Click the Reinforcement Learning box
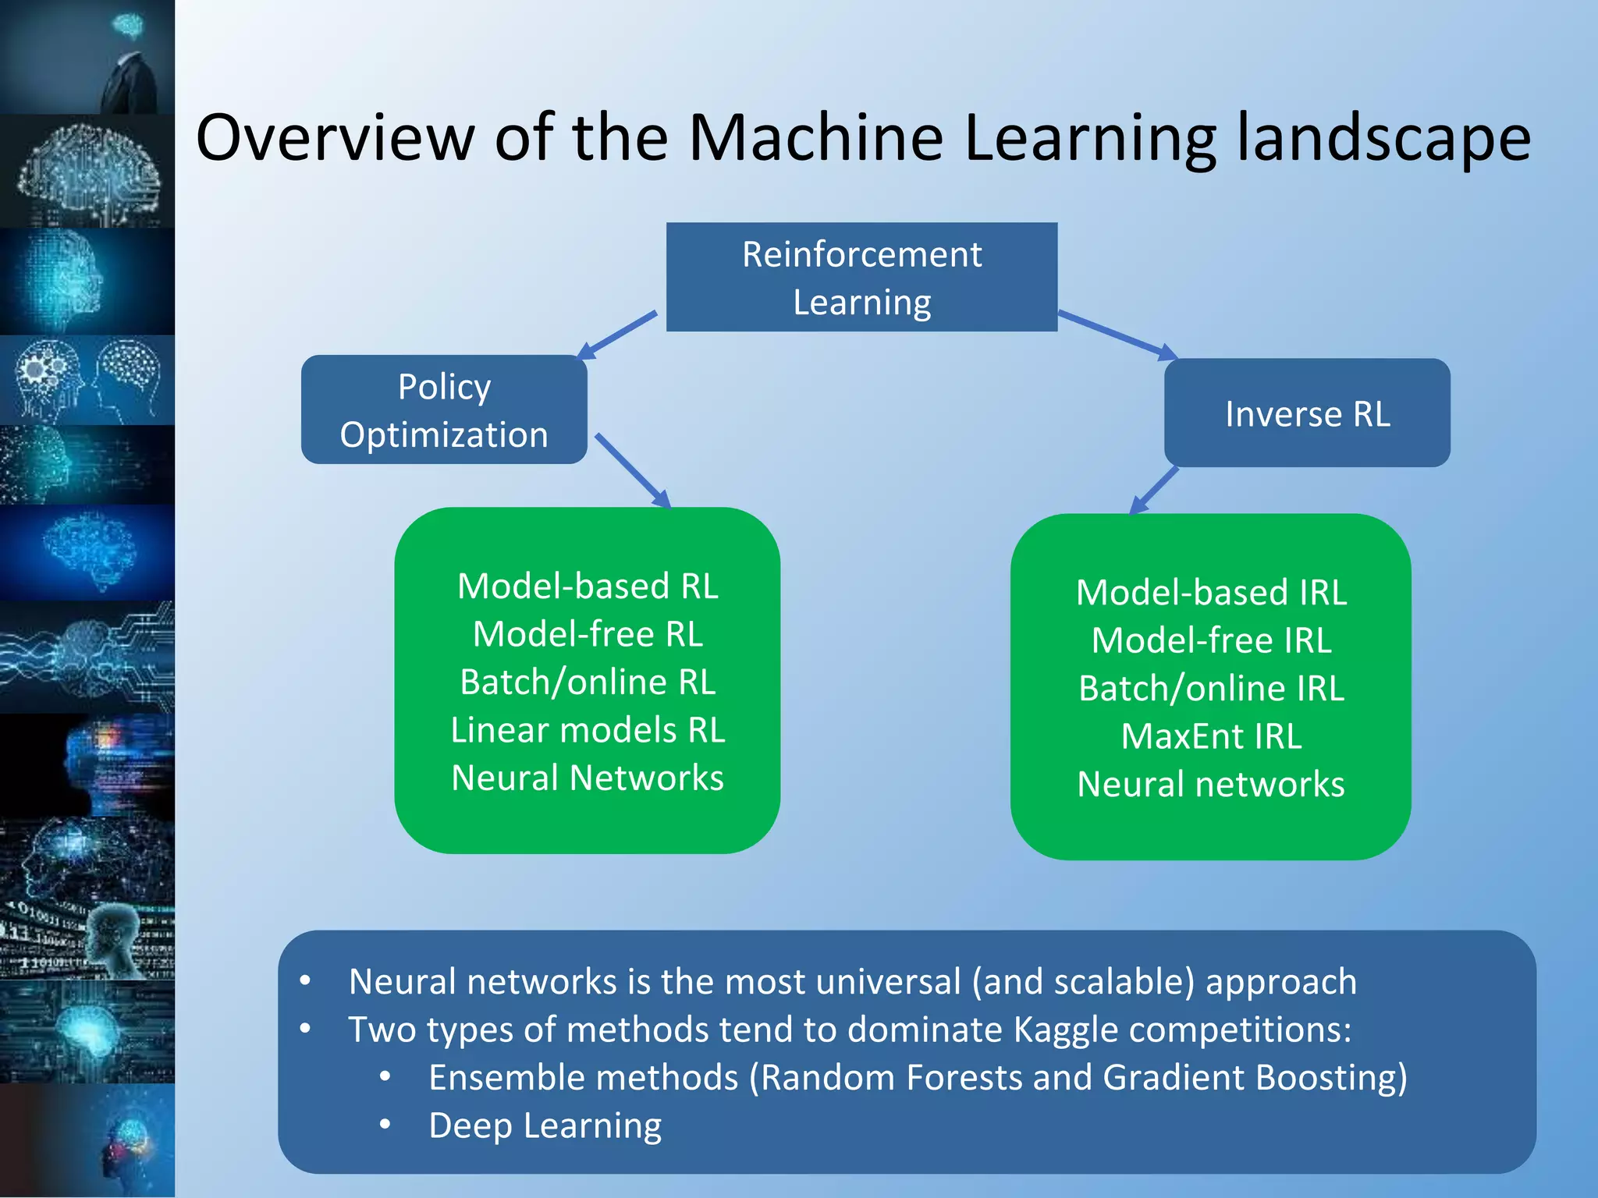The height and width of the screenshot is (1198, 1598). (x=861, y=278)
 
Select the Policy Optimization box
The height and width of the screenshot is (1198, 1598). (x=444, y=410)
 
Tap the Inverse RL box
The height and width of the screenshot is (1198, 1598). (x=1307, y=413)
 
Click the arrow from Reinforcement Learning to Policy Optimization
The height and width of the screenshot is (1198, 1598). (x=619, y=335)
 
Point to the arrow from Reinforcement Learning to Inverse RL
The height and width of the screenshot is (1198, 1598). (x=1117, y=335)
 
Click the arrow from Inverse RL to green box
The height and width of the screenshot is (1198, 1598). (x=1154, y=491)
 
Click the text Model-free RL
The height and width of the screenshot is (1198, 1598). (x=588, y=634)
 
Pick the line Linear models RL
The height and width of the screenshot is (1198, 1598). (x=588, y=730)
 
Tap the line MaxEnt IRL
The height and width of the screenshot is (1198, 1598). (x=1211, y=736)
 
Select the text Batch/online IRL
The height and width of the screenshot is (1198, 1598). (x=1211, y=689)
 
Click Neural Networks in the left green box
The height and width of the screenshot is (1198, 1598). (x=588, y=778)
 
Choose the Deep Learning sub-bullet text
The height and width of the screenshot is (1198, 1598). (x=545, y=1125)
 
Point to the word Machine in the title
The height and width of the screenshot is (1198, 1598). (x=816, y=137)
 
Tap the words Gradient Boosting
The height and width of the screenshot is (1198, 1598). (x=1253, y=1078)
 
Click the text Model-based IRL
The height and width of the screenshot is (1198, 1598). (x=1211, y=593)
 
